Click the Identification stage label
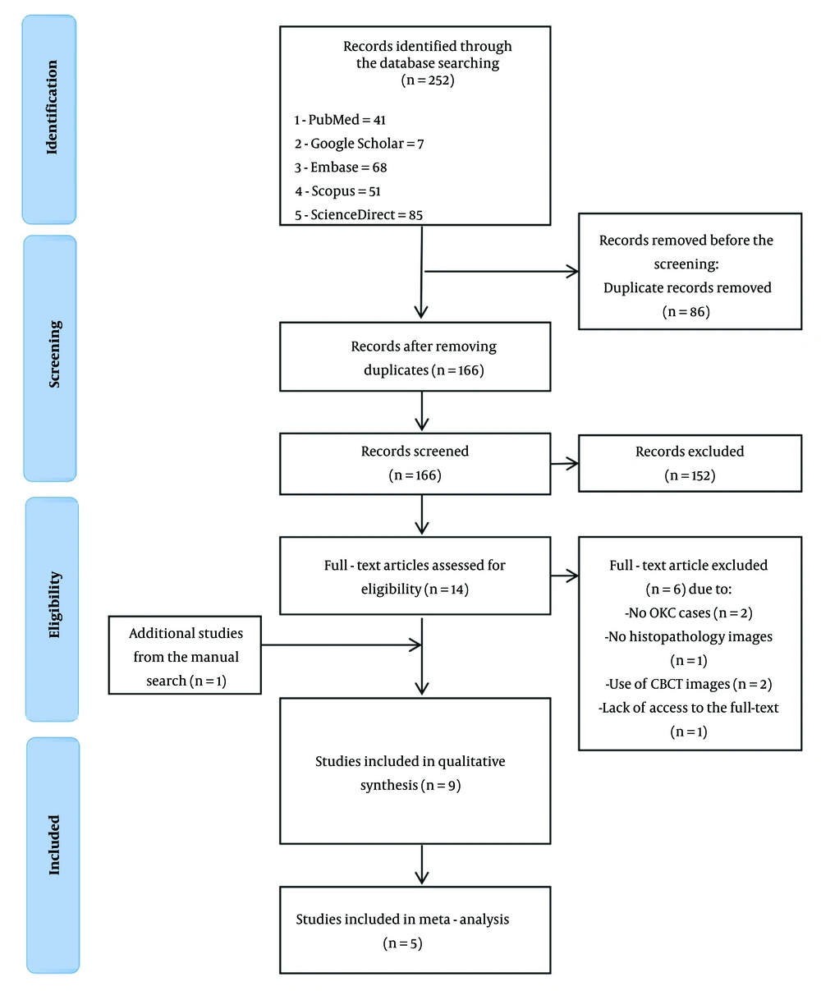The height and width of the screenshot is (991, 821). (x=51, y=107)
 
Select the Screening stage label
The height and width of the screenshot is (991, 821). (x=54, y=354)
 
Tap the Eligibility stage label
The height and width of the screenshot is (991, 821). (x=54, y=604)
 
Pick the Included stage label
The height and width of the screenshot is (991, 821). (x=53, y=845)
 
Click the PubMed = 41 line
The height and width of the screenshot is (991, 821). (x=340, y=120)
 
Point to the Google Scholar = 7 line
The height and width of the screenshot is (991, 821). (x=360, y=144)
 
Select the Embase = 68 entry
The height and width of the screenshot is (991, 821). (x=341, y=167)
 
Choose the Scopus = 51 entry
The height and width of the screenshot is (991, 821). (x=338, y=191)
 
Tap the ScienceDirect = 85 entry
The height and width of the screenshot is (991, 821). (x=359, y=215)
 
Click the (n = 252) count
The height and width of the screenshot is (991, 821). (x=428, y=80)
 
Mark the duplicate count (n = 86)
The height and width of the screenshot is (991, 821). (x=686, y=311)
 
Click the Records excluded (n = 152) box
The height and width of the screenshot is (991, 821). (x=690, y=463)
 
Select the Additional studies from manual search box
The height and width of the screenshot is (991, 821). (x=185, y=655)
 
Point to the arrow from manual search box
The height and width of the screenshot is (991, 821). (x=342, y=645)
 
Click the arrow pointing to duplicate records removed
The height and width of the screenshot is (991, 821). (x=501, y=272)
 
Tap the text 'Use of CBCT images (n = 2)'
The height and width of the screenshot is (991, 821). (x=689, y=684)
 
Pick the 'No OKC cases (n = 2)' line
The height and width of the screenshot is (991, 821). (x=689, y=612)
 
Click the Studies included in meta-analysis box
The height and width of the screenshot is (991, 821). (x=415, y=929)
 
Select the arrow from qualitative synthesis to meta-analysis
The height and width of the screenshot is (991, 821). (x=422, y=864)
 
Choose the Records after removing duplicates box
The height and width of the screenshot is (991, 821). (x=415, y=357)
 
